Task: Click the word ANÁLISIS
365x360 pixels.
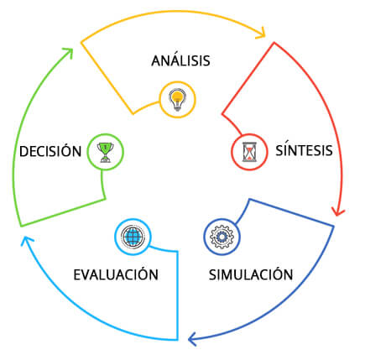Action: (x=180, y=60)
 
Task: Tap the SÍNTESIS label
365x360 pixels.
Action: (x=304, y=149)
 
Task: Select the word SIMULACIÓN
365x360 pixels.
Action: (x=251, y=274)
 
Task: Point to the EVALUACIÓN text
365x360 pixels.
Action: (x=116, y=274)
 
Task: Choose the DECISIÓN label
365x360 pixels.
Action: (x=50, y=150)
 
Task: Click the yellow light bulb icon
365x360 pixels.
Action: (x=178, y=100)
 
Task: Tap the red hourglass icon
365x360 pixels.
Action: (x=249, y=152)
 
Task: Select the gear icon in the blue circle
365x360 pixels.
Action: (x=222, y=237)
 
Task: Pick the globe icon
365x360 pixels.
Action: (x=133, y=237)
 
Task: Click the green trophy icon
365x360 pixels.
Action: (x=105, y=152)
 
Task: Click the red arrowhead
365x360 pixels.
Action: (x=338, y=211)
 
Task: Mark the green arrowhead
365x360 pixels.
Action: (x=69, y=52)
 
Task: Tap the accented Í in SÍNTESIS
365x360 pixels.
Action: (x=286, y=149)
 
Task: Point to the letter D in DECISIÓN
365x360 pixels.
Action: (x=23, y=151)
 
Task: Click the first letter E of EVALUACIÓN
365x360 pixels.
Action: (x=77, y=275)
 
